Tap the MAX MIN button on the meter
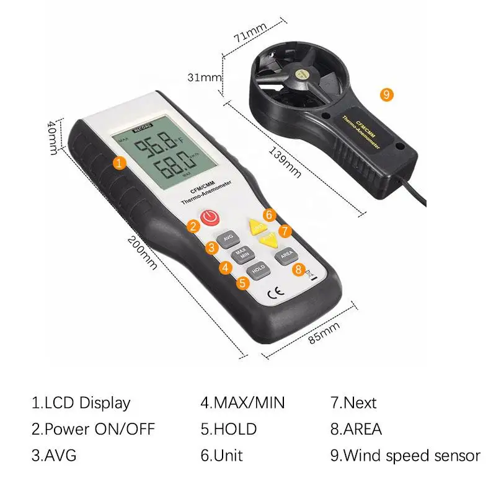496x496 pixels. (x=241, y=254)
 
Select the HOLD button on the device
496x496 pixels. (x=258, y=268)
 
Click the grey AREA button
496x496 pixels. (x=286, y=254)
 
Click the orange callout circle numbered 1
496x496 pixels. (x=120, y=162)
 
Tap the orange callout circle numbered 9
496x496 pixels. (x=386, y=95)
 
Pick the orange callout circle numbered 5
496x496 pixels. (x=242, y=283)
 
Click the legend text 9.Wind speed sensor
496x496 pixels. (x=405, y=456)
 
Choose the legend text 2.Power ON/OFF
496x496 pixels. (x=93, y=429)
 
